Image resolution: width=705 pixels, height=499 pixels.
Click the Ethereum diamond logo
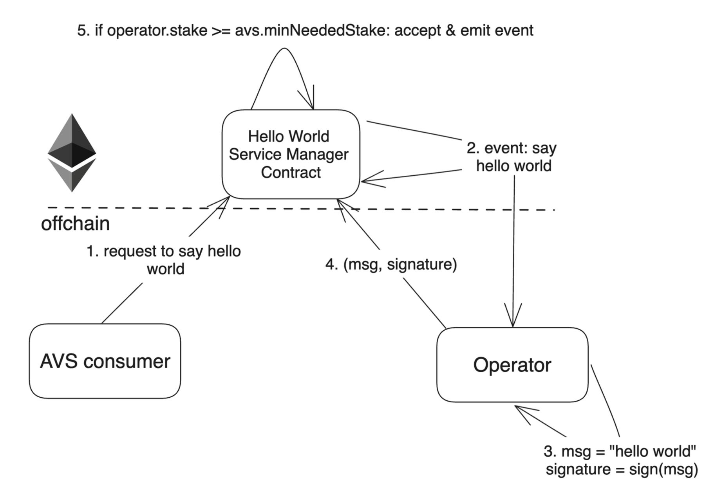(x=72, y=153)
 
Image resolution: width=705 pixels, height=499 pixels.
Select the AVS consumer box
(x=105, y=361)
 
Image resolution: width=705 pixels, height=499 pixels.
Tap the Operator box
(x=512, y=365)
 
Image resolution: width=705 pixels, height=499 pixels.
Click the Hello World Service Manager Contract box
(x=290, y=154)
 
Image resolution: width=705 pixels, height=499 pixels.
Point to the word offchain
(x=75, y=223)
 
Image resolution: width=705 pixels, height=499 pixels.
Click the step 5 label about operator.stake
(x=305, y=30)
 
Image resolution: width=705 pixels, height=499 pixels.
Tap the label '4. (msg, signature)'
(x=391, y=264)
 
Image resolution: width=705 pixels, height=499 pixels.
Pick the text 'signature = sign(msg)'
(x=622, y=469)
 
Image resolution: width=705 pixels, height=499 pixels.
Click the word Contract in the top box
(x=291, y=172)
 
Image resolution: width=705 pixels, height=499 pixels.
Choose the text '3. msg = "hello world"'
(x=620, y=451)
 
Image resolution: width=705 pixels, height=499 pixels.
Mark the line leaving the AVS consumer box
(x=122, y=303)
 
